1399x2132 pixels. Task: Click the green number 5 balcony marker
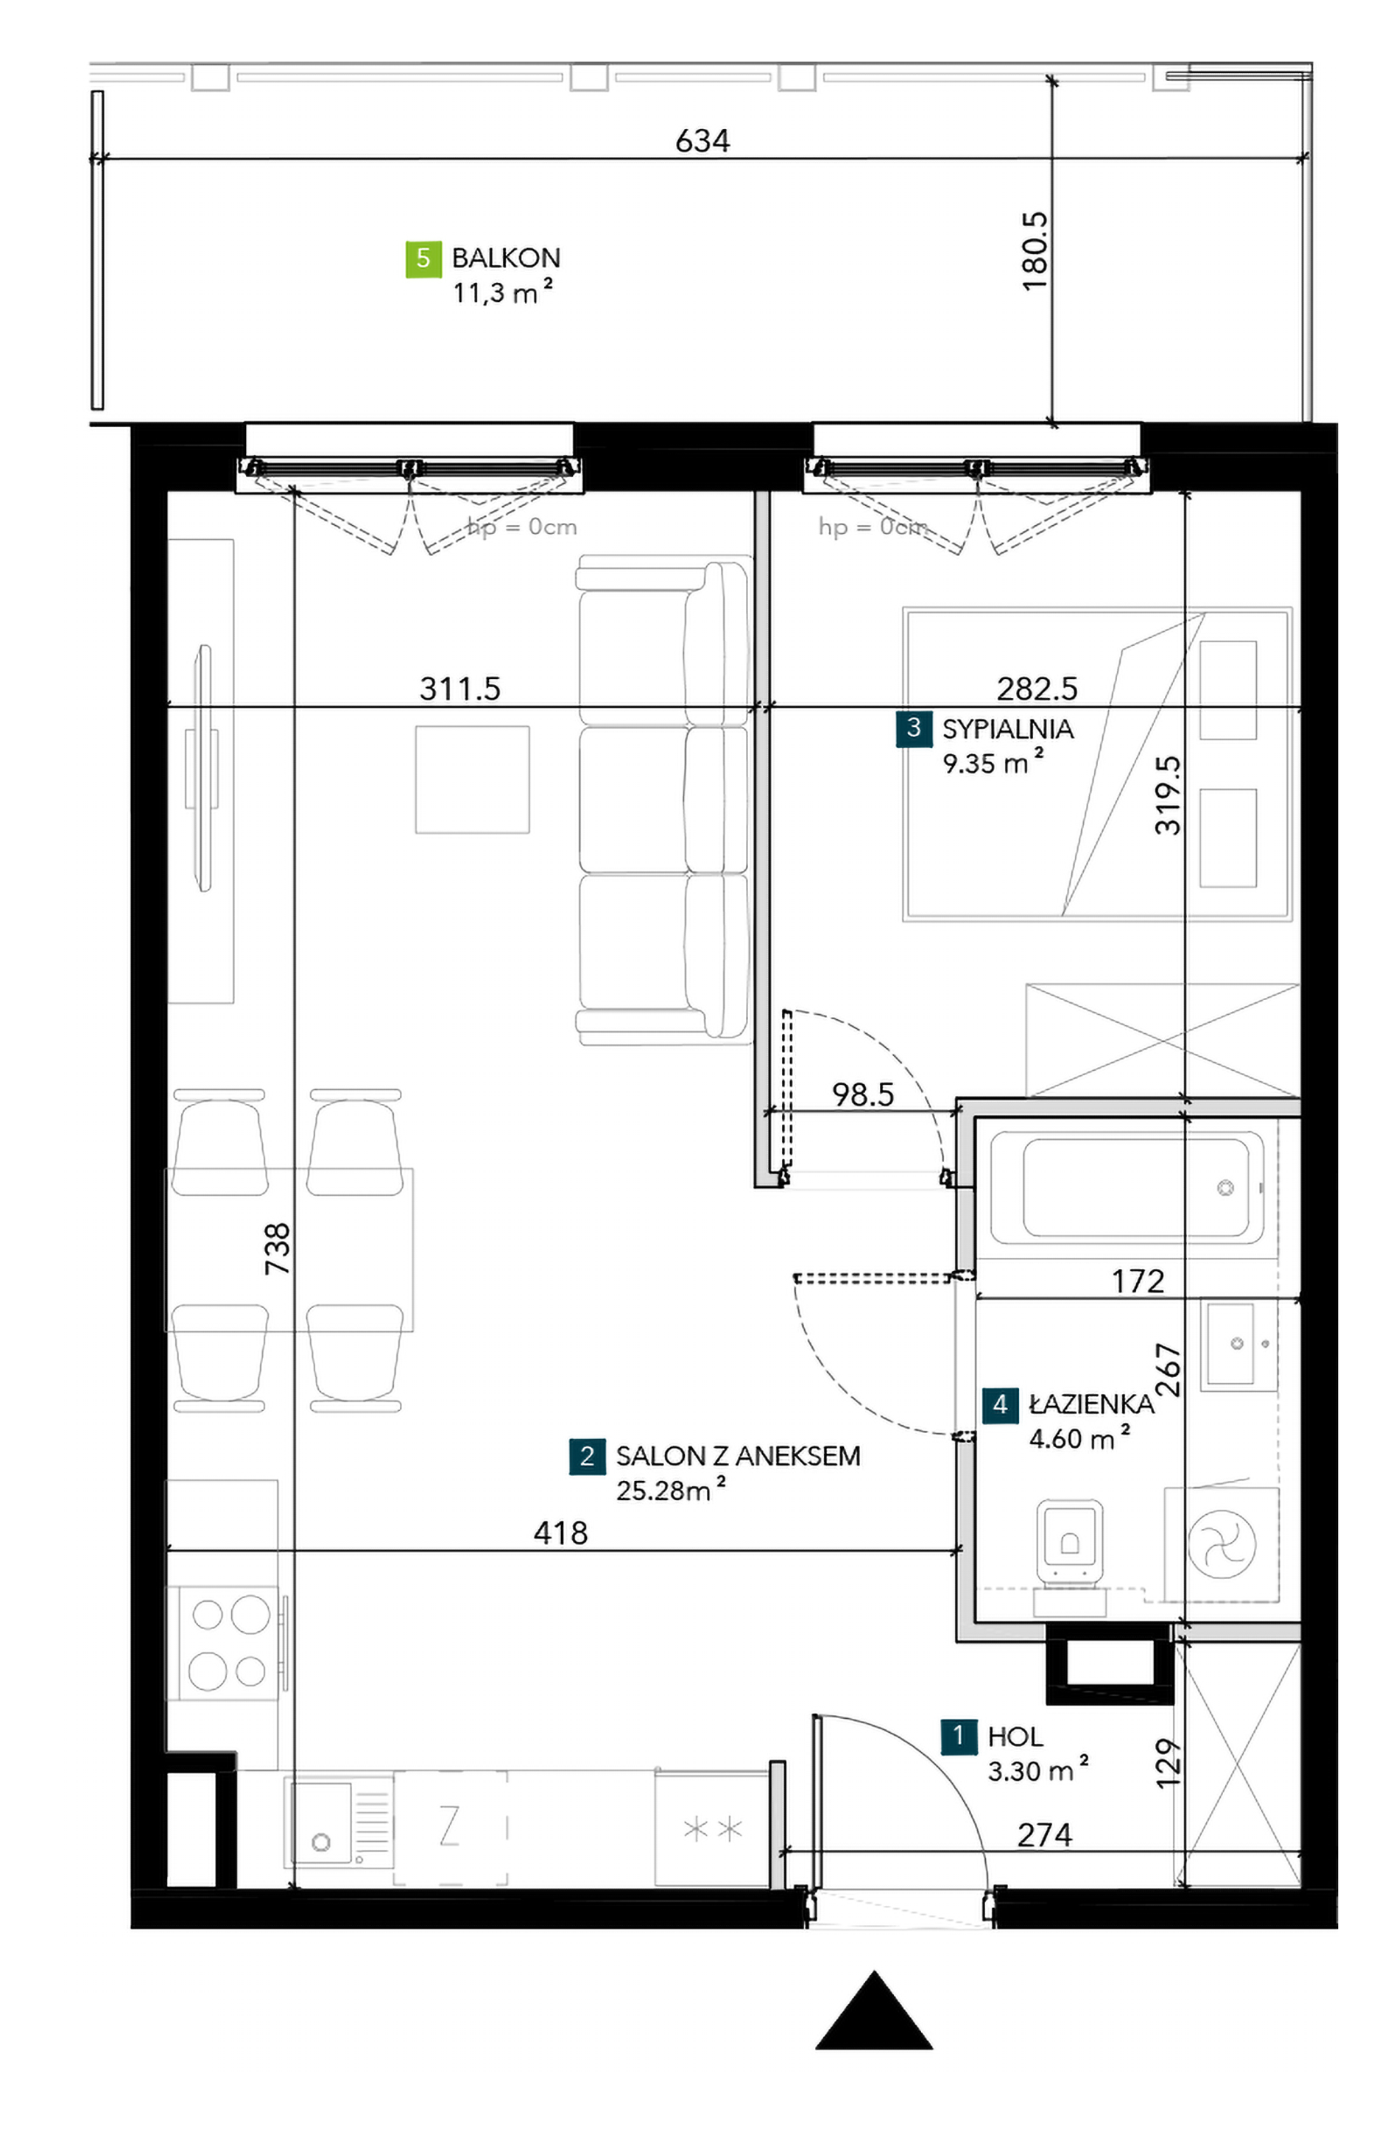(423, 259)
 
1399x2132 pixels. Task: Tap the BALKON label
(506, 258)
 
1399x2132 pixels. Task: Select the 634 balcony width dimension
(702, 141)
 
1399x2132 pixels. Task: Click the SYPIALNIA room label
(1007, 728)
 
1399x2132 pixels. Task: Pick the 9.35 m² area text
(993, 763)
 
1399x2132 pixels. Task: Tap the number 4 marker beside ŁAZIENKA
(999, 1404)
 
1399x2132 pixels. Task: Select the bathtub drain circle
(1225, 1188)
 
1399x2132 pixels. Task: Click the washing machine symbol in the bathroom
(1221, 1544)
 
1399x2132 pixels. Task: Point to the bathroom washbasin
(1238, 1344)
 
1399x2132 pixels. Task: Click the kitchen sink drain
(320, 1843)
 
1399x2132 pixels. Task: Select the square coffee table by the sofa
(472, 779)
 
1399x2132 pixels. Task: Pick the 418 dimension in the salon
(560, 1533)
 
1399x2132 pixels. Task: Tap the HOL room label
(1015, 1737)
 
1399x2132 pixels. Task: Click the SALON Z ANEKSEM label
(738, 1456)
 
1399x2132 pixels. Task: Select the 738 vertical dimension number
(278, 1249)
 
